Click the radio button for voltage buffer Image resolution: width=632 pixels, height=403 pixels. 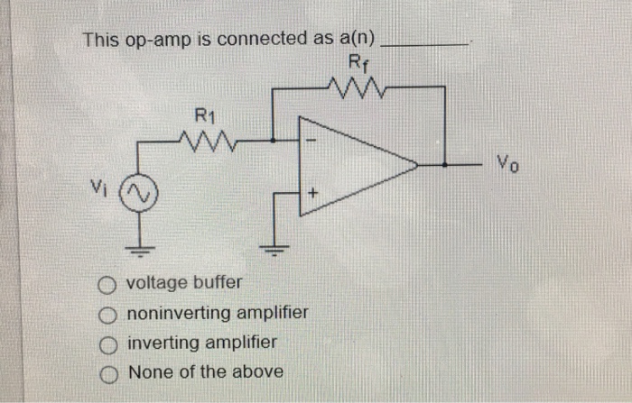point(107,285)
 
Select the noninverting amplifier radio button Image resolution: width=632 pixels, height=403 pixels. point(107,315)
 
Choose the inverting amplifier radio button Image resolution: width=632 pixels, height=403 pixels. point(107,344)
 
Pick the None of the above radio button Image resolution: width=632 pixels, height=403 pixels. point(107,372)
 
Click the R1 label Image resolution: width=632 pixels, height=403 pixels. point(206,114)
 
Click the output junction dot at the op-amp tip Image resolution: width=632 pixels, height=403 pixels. point(445,166)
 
